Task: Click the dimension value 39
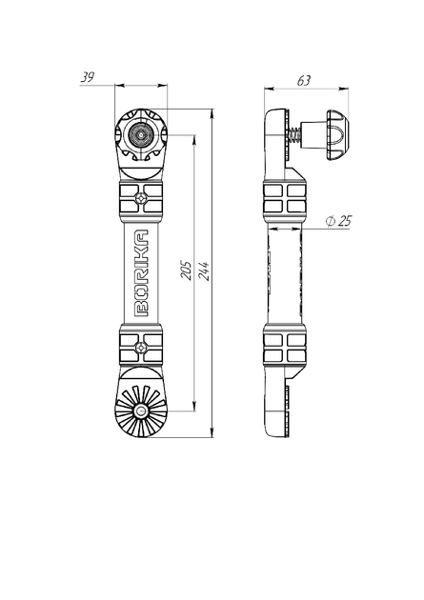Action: (88, 78)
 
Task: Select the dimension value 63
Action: (304, 81)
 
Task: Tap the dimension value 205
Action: (186, 270)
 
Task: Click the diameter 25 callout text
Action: (338, 221)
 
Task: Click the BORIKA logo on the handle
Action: (141, 273)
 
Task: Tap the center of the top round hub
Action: (141, 134)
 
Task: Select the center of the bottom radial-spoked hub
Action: (141, 411)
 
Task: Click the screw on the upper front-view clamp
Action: (141, 198)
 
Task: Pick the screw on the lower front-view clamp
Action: (141, 348)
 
